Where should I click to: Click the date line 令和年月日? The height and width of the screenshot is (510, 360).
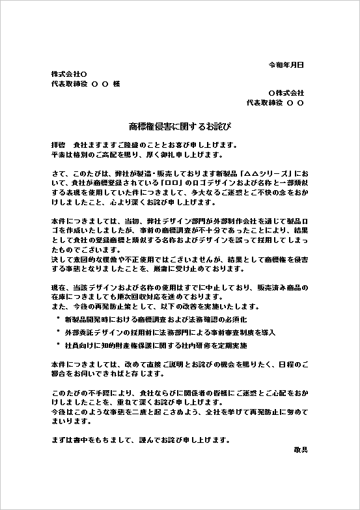click(286, 65)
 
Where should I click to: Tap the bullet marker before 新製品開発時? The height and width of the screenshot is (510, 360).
click(58, 319)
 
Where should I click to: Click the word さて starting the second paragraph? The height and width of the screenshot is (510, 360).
click(58, 174)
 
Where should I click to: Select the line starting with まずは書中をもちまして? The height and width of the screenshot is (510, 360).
click(140, 440)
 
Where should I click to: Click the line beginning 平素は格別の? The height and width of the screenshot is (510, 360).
click(137, 155)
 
